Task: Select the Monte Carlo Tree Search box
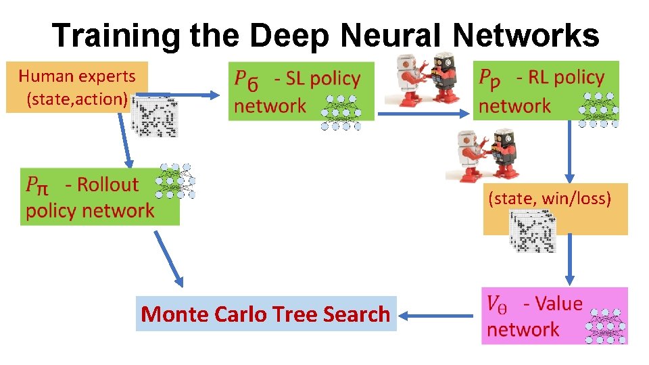coord(266,314)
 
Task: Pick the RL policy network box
coord(545,91)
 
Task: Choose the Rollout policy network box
coord(99,197)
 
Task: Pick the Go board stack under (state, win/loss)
coord(533,232)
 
